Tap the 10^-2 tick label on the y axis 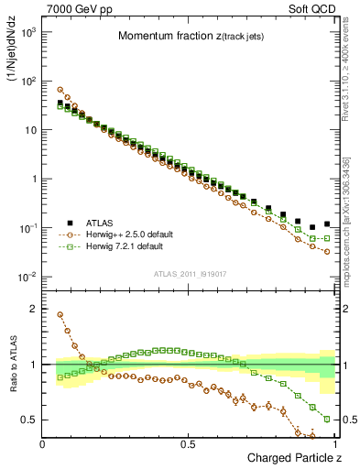(27, 277)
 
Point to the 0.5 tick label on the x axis (188, 444)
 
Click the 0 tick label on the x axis (43, 444)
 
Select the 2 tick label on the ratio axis (32, 309)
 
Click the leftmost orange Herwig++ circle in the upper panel (60, 90)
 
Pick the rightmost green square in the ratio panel (327, 419)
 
